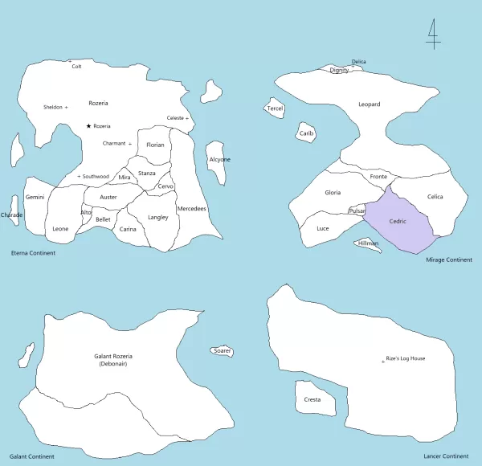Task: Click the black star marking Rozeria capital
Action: (88, 126)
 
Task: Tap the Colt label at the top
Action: (76, 67)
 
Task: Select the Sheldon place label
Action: (53, 107)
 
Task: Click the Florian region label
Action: (155, 145)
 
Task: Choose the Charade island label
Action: (12, 215)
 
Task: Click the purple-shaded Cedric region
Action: (398, 222)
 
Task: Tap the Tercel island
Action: (275, 108)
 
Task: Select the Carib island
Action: (307, 133)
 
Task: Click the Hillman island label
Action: (369, 243)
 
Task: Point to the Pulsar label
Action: (357, 211)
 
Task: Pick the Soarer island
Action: (223, 351)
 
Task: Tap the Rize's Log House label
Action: (406, 358)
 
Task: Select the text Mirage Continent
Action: (448, 260)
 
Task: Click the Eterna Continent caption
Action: (33, 253)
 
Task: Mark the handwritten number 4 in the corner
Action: (432, 34)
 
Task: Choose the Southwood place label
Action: (96, 176)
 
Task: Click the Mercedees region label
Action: (191, 209)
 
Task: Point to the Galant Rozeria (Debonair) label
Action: (113, 360)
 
